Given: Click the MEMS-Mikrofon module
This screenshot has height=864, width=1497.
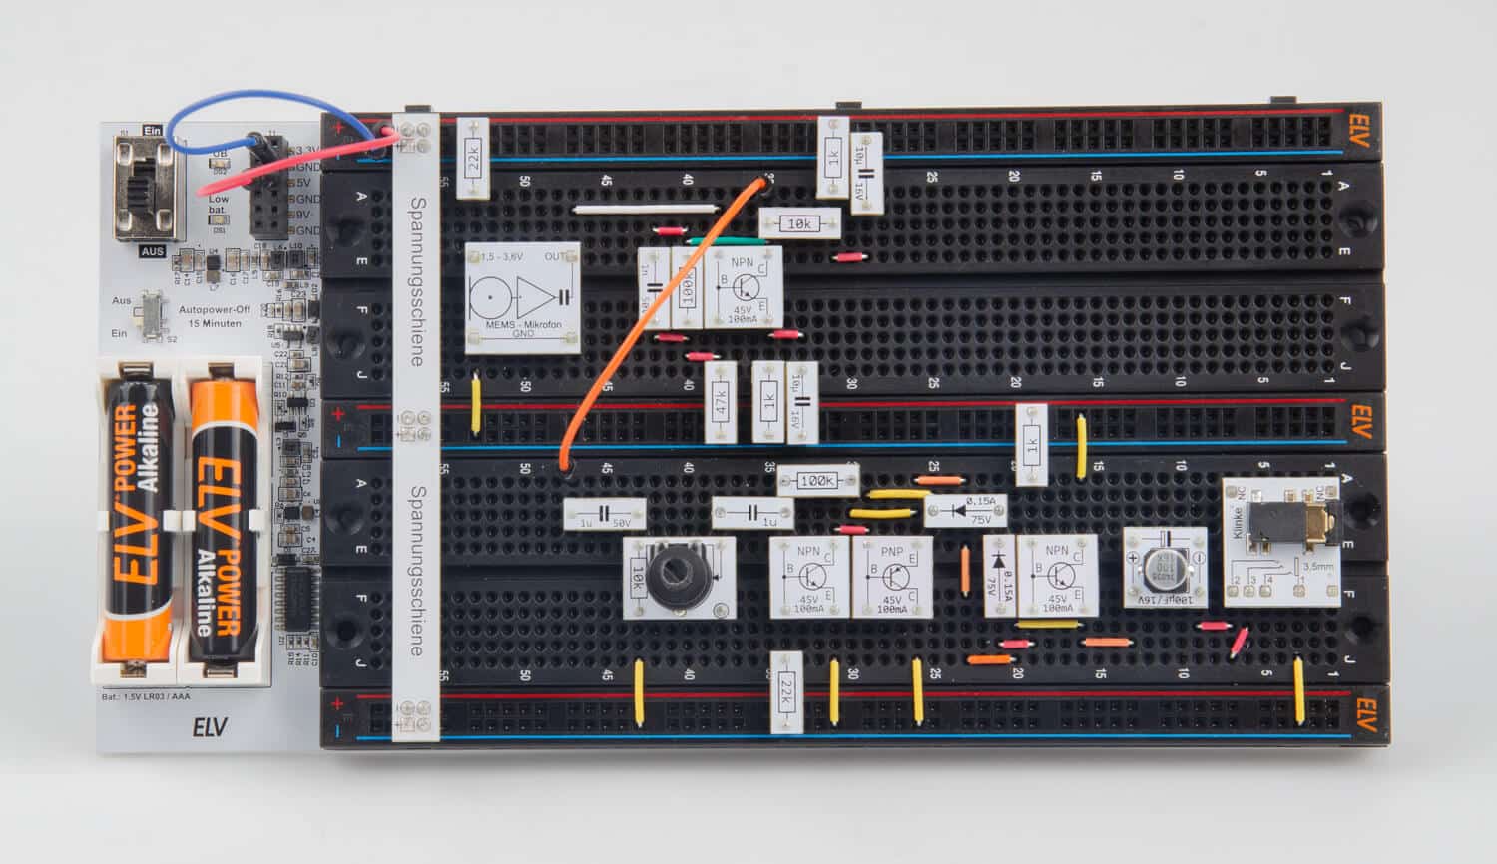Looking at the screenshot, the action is (x=522, y=298).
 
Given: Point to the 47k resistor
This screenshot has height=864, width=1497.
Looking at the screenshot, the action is (x=721, y=401).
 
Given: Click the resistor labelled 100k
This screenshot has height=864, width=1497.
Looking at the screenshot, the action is (x=817, y=480).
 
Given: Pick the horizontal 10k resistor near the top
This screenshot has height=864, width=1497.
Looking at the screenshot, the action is (x=798, y=223).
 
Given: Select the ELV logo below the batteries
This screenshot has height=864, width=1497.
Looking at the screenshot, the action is (x=210, y=727).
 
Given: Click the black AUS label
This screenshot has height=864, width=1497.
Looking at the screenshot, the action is (x=152, y=251).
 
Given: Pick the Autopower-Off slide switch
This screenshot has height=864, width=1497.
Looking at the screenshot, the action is (x=153, y=314).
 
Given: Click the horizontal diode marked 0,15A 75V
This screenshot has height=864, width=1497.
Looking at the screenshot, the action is (x=964, y=511).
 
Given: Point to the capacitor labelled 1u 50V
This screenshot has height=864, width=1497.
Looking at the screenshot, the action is (x=604, y=514).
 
